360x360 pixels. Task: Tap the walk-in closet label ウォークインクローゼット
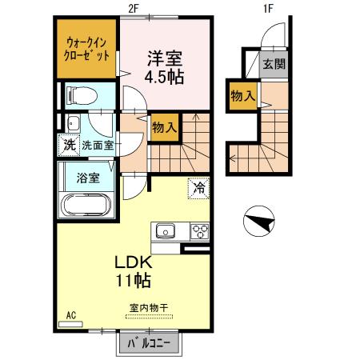tap(87, 50)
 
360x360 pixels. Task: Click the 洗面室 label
tap(97, 146)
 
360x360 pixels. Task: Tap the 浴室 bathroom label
tap(88, 178)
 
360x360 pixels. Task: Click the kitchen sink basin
tap(166, 233)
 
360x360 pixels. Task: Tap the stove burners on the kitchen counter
tap(198, 233)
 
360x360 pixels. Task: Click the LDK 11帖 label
tap(132, 272)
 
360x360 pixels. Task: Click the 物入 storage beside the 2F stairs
tap(164, 126)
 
